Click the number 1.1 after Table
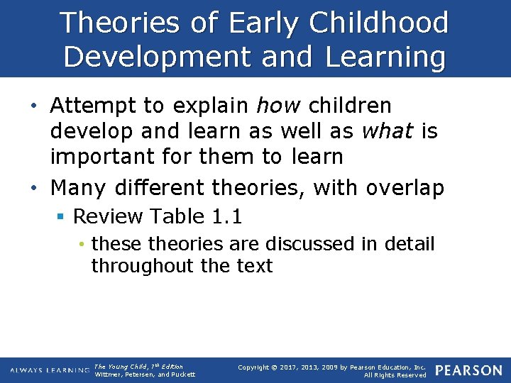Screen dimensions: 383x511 tap(232, 216)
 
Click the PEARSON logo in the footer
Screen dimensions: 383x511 tap(469, 370)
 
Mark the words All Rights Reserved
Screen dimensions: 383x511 tap(395, 374)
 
